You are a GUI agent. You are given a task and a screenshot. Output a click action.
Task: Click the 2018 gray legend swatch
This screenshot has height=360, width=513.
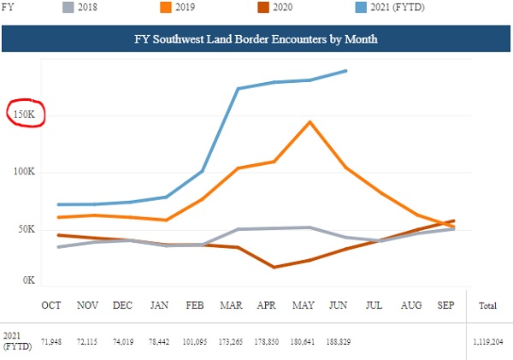click(68, 7)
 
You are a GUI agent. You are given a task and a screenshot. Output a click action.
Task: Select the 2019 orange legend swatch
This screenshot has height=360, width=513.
click(166, 7)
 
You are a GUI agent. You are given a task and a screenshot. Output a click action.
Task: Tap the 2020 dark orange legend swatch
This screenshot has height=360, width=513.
click(263, 7)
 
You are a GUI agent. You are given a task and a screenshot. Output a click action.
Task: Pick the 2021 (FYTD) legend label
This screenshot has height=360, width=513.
click(398, 7)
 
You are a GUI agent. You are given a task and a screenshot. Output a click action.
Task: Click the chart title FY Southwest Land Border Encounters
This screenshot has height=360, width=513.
click(256, 39)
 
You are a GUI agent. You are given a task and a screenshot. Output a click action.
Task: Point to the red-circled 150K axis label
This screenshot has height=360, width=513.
click(24, 115)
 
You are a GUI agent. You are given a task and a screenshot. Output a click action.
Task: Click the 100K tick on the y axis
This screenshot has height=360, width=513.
click(24, 172)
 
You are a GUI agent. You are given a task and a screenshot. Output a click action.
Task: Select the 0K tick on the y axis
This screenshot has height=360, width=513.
click(29, 280)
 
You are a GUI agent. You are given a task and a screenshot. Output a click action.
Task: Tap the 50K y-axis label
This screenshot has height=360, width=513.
click(27, 229)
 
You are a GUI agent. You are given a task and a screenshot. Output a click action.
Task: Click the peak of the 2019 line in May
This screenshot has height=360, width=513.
click(310, 122)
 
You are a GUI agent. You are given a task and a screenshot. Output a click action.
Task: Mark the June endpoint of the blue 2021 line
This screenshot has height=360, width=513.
click(345, 71)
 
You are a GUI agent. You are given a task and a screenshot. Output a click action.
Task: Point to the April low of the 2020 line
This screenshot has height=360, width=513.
click(274, 267)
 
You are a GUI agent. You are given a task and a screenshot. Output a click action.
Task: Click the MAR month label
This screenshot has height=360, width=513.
click(231, 305)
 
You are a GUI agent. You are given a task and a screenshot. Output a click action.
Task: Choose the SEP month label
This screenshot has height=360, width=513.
click(446, 305)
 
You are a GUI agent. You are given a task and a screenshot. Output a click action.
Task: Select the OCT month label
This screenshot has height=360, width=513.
click(51, 305)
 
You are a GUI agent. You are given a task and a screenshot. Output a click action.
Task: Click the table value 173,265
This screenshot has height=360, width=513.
click(231, 342)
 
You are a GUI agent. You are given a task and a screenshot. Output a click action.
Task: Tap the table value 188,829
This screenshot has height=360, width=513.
click(339, 342)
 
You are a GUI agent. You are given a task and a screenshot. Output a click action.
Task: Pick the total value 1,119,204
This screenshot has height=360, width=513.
click(488, 342)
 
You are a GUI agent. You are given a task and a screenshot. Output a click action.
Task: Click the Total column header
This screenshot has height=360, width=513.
click(488, 305)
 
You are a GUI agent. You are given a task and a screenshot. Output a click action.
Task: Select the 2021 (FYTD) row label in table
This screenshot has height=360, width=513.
click(17, 341)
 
